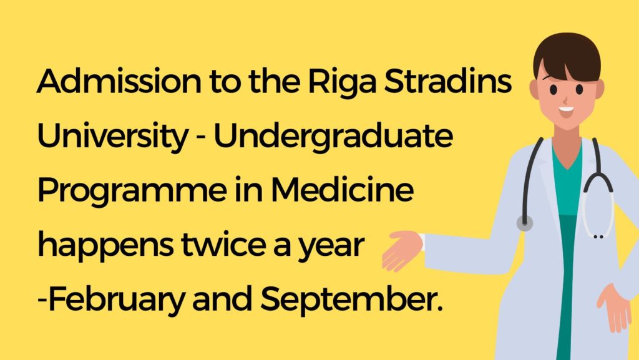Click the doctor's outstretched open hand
point(400,248)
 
